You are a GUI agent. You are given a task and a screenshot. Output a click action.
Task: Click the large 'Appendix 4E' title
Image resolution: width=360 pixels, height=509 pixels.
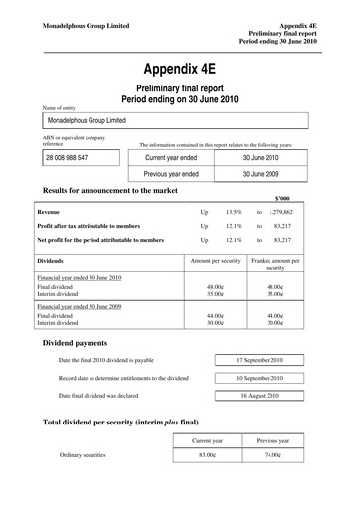click(x=179, y=70)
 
